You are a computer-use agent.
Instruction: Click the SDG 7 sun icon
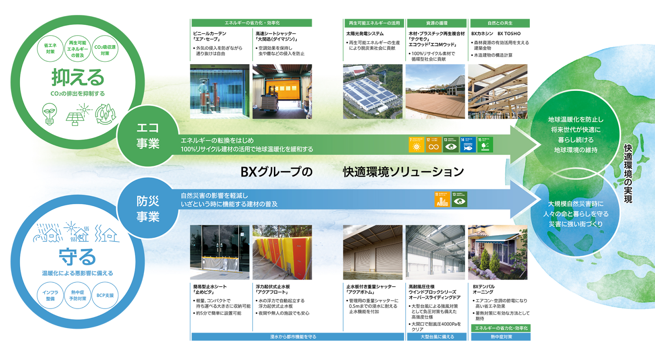click(416, 145)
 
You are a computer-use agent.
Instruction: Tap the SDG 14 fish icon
click(468, 145)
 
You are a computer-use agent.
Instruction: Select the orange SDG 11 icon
click(442, 199)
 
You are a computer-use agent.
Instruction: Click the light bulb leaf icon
click(50, 114)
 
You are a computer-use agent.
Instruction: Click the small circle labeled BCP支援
click(105, 295)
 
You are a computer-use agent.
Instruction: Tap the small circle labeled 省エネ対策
click(50, 49)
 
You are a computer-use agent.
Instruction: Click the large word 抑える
click(78, 77)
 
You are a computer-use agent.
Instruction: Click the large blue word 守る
click(77, 257)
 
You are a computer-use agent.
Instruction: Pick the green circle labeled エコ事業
click(148, 136)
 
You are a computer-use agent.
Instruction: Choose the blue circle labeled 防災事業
click(148, 209)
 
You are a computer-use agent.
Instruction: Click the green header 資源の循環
click(437, 23)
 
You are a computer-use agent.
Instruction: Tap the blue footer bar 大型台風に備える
click(437, 337)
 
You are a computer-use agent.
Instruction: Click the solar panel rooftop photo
click(373, 92)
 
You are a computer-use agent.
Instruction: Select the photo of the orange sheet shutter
click(282, 92)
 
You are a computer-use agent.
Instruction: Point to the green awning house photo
click(498, 252)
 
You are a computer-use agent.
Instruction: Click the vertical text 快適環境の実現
click(628, 173)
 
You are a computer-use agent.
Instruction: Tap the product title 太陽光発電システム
click(365, 34)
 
